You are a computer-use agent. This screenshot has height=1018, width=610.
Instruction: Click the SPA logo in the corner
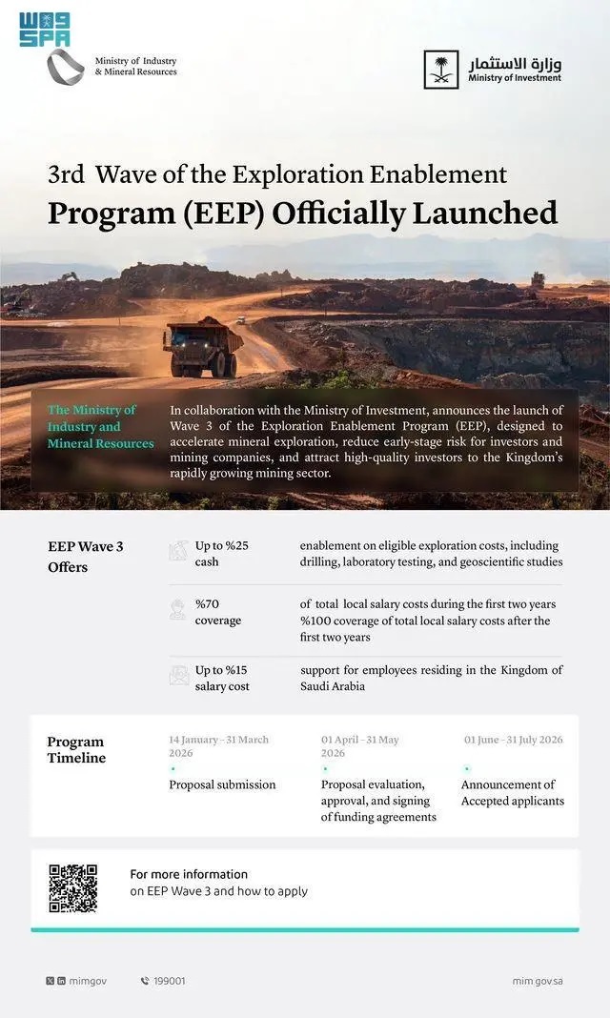coord(44,29)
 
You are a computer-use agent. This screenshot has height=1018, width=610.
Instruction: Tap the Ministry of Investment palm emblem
coord(441,70)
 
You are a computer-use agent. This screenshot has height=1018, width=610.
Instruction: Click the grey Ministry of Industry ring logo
coord(66,68)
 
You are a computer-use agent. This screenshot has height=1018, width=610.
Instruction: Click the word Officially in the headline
coord(340,213)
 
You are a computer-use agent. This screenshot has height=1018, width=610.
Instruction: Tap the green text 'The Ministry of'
coord(91,410)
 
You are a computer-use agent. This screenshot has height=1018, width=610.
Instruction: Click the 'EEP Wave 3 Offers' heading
coord(86,557)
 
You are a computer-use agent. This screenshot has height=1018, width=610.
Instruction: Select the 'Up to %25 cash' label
coord(222,554)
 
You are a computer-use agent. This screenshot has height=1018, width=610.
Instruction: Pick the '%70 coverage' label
coord(218,612)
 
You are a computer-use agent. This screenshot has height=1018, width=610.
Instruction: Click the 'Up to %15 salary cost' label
coord(222,678)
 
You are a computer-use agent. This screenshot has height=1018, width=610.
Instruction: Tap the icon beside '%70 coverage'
coord(178,610)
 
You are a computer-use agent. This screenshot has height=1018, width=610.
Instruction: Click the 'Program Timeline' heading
coord(76,749)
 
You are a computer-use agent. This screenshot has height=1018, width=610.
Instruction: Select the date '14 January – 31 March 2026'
coord(218,745)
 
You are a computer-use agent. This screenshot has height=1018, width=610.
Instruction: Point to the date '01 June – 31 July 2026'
coord(513,740)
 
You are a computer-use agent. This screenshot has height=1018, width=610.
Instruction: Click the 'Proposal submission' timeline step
coord(222,784)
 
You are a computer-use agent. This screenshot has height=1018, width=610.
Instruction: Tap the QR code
coord(73,888)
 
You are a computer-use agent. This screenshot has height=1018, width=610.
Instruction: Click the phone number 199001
coord(169,980)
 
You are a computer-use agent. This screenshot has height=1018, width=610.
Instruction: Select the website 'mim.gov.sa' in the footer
coord(537,980)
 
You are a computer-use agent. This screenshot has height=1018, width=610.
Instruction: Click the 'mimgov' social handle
coord(87,980)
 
